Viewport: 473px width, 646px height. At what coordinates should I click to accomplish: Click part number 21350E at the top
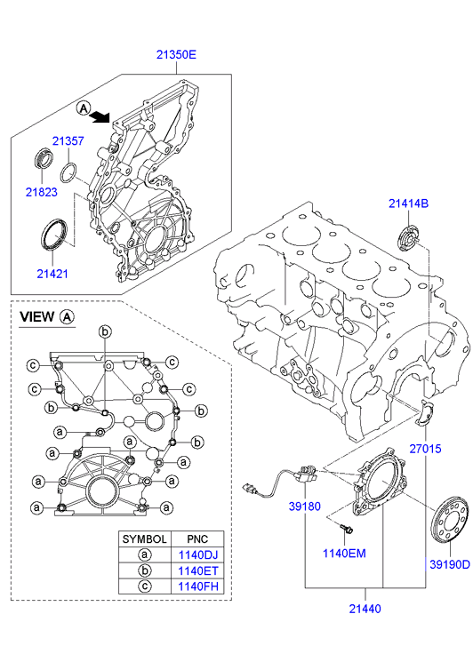click(x=176, y=54)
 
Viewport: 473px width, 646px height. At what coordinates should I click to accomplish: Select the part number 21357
click(x=68, y=141)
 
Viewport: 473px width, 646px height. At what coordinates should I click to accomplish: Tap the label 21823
click(x=42, y=192)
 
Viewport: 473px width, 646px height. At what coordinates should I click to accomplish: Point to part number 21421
click(x=52, y=274)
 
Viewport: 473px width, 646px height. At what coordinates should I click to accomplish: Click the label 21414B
click(x=409, y=203)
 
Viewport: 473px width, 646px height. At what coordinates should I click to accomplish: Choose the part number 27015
click(x=425, y=448)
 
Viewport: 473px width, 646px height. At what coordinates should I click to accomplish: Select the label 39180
click(x=304, y=506)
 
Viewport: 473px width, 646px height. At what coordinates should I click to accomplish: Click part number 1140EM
click(x=344, y=553)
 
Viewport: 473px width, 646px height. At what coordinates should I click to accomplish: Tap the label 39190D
click(x=450, y=564)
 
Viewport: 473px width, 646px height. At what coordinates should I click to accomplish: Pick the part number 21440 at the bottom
click(x=365, y=609)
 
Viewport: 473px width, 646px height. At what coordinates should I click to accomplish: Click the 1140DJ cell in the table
click(x=198, y=555)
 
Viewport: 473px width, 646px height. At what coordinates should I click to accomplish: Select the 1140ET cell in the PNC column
click(x=198, y=570)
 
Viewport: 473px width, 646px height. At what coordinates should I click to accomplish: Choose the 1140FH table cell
click(x=198, y=586)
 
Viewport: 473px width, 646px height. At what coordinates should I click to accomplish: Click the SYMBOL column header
click(x=144, y=538)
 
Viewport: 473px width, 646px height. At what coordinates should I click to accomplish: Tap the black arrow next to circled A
click(x=100, y=117)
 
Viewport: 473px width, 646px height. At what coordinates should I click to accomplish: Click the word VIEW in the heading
click(x=37, y=317)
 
